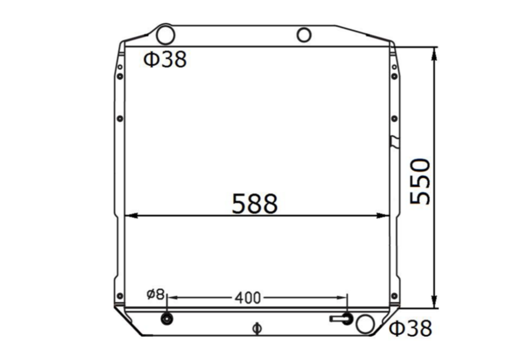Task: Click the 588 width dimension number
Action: [x=254, y=204]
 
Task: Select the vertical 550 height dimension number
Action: [x=421, y=182]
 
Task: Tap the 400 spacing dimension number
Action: [x=247, y=297]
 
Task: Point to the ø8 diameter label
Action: [x=155, y=294]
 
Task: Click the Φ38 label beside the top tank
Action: [x=165, y=59]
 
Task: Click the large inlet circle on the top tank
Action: [x=165, y=35]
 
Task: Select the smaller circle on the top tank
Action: [x=304, y=35]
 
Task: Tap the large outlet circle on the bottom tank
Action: [x=366, y=324]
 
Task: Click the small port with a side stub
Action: [x=346, y=318]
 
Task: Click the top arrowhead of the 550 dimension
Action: [x=434, y=52]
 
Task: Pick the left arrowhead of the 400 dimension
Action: [x=171, y=297]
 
